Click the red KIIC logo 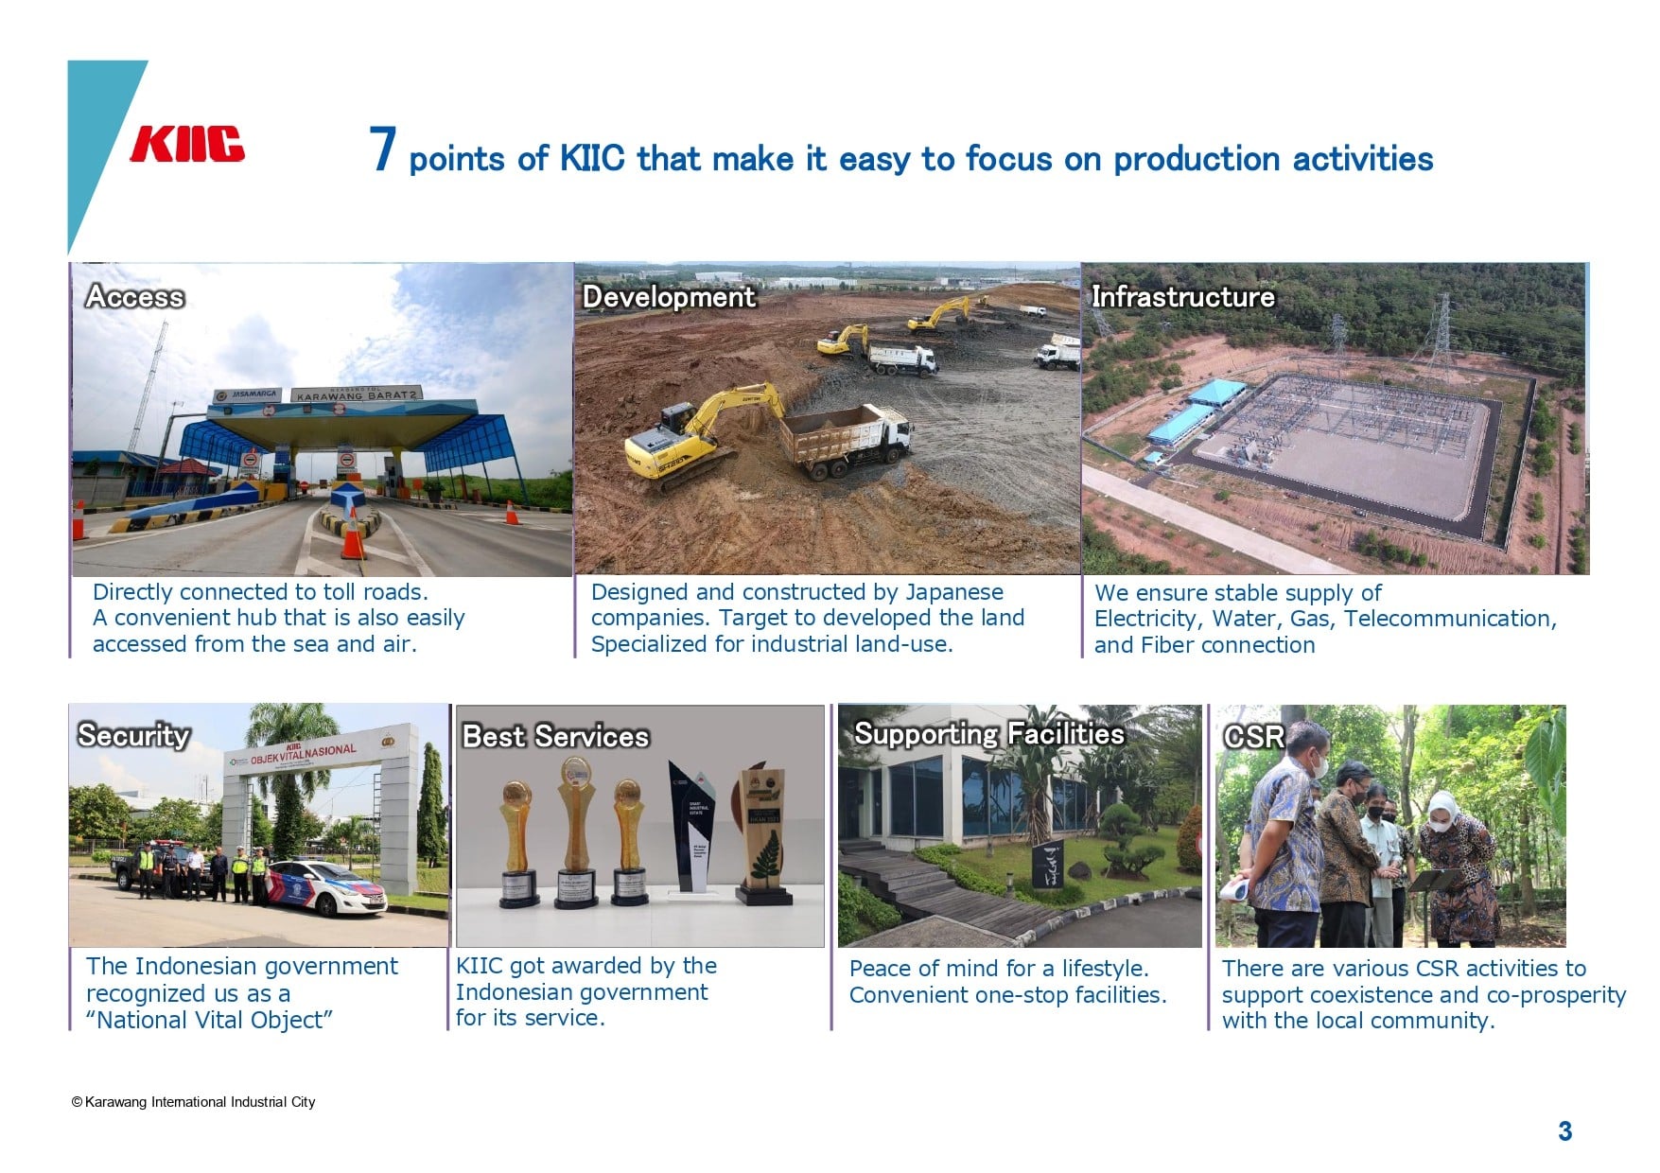187,145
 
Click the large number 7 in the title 382,149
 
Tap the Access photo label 135,297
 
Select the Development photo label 669,297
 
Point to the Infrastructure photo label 1183,297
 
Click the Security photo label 133,735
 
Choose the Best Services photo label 555,736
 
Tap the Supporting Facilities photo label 989,734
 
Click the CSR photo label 1254,737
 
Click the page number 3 1565,1131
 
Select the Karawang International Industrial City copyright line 194,1102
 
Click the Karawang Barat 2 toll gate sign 356,394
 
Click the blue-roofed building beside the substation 1183,412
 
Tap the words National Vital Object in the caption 209,1021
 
